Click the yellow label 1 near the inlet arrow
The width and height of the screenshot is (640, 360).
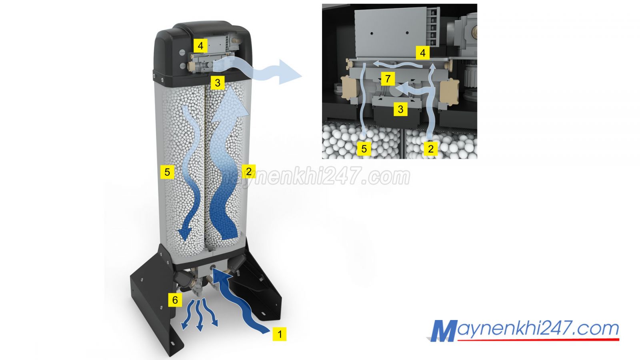tap(280, 334)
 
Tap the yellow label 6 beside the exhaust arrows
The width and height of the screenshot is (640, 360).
tap(175, 300)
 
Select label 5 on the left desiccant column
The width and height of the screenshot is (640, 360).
tap(167, 172)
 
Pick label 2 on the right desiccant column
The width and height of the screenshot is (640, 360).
tap(248, 171)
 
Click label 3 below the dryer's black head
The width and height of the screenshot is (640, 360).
tap(218, 82)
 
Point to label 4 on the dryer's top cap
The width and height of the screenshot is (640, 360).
tap(200, 46)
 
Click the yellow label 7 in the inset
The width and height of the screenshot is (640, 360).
tap(388, 78)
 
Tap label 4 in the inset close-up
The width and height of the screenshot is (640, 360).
tap(422, 53)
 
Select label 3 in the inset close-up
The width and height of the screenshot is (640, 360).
tap(400, 109)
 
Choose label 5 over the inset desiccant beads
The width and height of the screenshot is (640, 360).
tap(364, 148)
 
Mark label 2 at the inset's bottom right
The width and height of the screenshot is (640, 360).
tap(430, 148)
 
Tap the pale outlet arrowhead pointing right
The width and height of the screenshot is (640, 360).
tap(290, 72)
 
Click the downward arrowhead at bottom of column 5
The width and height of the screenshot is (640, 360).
tap(184, 233)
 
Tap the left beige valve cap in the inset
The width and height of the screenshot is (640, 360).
tap(349, 88)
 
